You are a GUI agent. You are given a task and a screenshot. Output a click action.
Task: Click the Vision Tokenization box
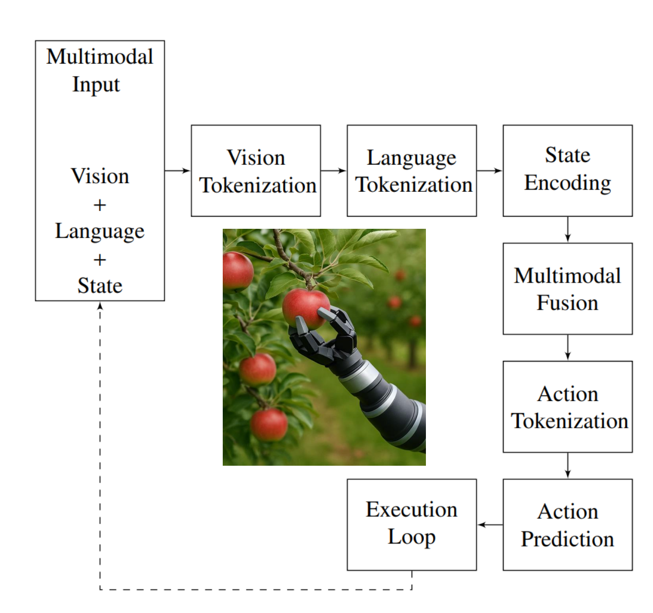coord(255,171)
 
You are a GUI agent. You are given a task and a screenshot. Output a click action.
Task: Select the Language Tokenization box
coord(411,171)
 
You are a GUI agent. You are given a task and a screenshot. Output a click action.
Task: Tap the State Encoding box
coord(567,171)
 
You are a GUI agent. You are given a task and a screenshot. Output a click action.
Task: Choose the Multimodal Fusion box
coord(567,289)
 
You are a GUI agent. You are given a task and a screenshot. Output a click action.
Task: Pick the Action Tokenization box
coord(567,406)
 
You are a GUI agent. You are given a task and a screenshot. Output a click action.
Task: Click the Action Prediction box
coord(567,524)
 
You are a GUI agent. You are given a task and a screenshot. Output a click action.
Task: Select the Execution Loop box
coord(411,524)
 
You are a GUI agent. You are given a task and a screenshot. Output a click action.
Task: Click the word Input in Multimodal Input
coord(96,85)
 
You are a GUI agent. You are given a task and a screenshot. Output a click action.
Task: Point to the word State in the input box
coord(100,286)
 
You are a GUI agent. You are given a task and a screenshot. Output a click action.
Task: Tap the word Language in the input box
coord(100,232)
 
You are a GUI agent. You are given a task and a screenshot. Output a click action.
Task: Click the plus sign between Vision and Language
coord(99,205)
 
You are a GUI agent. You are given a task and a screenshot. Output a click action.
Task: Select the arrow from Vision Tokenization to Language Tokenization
coord(334,171)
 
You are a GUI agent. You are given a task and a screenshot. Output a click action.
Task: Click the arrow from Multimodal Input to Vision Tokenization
coord(178,171)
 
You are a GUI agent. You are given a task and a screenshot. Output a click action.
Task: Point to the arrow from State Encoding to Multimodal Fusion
coord(568,229)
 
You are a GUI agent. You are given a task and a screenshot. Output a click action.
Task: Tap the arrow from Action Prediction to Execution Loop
coord(490,524)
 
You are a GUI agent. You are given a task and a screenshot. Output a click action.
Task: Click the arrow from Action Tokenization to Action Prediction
coord(568,465)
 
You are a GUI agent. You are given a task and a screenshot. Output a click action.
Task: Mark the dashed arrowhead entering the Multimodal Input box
coord(100,306)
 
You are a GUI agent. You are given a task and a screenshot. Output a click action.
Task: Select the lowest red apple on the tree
coord(269,424)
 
